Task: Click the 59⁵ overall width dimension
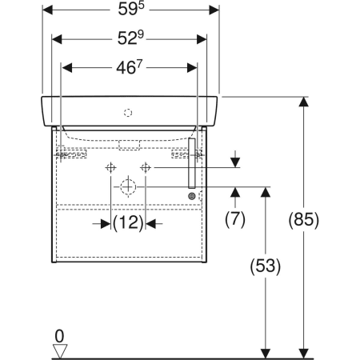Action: click(130, 12)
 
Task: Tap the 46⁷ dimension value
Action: click(130, 67)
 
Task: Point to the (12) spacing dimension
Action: click(128, 223)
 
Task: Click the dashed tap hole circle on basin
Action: click(126, 113)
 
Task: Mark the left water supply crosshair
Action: click(110, 167)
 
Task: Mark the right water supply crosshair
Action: click(146, 167)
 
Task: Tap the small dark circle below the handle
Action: click(192, 196)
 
